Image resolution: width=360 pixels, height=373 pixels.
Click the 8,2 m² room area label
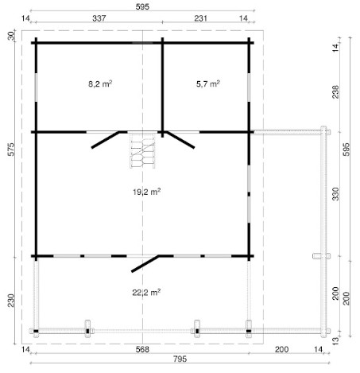pos(100,84)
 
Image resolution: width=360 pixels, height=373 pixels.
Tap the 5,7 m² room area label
pos(208,84)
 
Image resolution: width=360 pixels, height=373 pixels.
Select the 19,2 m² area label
pos(147,192)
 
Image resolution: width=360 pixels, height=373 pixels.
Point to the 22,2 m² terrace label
pos(146,293)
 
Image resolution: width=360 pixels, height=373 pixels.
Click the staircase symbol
pos(142,150)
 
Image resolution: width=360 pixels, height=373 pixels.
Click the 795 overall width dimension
pos(180,359)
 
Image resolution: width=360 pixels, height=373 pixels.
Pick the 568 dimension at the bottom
pos(142,349)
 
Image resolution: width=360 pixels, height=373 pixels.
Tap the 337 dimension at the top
pos(99,18)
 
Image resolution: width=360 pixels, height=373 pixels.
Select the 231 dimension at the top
pos(200,18)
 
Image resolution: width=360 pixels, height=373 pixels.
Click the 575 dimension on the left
pos(11,150)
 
